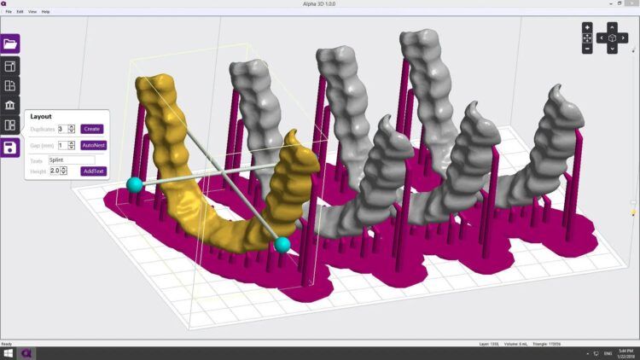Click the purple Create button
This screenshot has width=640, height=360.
click(91, 129)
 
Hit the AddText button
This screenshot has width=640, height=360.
click(93, 171)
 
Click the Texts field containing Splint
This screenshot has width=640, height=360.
click(71, 160)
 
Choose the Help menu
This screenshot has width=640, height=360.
click(45, 12)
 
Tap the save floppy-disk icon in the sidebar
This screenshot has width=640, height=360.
click(10, 148)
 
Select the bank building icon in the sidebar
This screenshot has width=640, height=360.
click(10, 105)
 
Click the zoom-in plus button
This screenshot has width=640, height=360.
click(587, 27)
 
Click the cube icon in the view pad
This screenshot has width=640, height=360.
click(612, 38)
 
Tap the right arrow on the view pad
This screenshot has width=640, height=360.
click(624, 38)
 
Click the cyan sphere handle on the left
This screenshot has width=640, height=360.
click(134, 183)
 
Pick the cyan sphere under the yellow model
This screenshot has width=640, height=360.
click(282, 245)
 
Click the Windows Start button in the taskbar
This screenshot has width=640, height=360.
click(7, 353)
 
